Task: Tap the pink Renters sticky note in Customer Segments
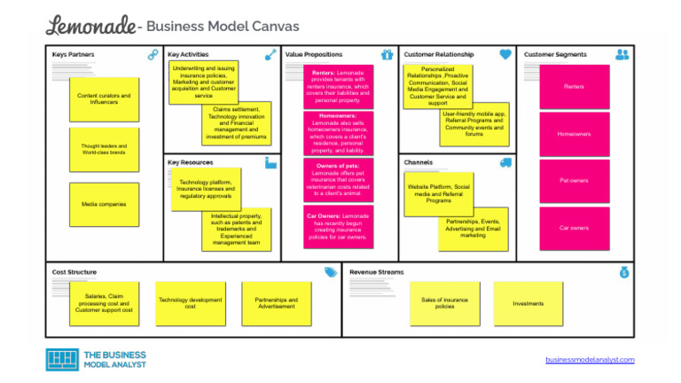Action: (x=574, y=87)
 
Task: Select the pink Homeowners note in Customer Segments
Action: (x=574, y=134)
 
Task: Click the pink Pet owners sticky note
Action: (x=574, y=181)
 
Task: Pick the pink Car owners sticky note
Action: (x=574, y=228)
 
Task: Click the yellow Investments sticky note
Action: (x=528, y=303)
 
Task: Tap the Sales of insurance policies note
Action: (x=444, y=303)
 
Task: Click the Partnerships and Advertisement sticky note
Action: (x=277, y=303)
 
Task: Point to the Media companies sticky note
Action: (x=104, y=205)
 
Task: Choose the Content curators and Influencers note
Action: (x=104, y=99)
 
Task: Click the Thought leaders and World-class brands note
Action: (x=104, y=150)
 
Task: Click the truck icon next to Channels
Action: (x=505, y=163)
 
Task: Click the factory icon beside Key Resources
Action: (x=270, y=163)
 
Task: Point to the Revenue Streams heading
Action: (x=376, y=272)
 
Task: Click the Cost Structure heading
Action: (x=74, y=272)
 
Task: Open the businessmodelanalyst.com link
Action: (x=590, y=359)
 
